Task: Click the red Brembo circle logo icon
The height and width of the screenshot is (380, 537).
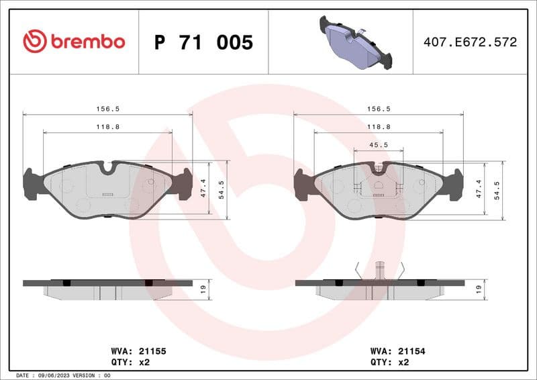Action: coord(34,42)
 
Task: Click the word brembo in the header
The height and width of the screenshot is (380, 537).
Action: coord(87,42)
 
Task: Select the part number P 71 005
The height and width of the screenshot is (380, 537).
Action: coord(203,42)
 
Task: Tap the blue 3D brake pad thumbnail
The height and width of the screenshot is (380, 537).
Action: coord(356,42)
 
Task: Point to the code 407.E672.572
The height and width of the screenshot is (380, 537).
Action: coord(470,42)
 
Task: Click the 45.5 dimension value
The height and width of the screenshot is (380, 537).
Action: coord(379,144)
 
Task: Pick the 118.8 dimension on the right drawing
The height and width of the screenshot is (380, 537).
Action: coord(379,126)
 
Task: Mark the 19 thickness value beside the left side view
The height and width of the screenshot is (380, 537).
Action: coord(203,289)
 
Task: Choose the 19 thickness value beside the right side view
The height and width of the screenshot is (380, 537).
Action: coord(478,289)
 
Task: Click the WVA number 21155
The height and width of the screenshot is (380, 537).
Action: coord(152,350)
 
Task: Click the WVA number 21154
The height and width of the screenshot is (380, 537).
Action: coord(412,350)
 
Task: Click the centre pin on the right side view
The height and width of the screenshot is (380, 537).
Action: coord(379,270)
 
